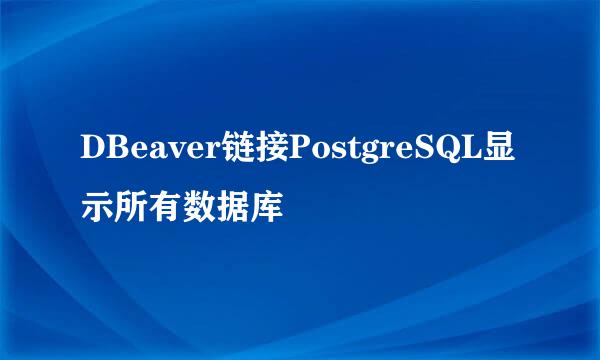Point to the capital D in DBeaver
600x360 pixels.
[93, 150]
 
